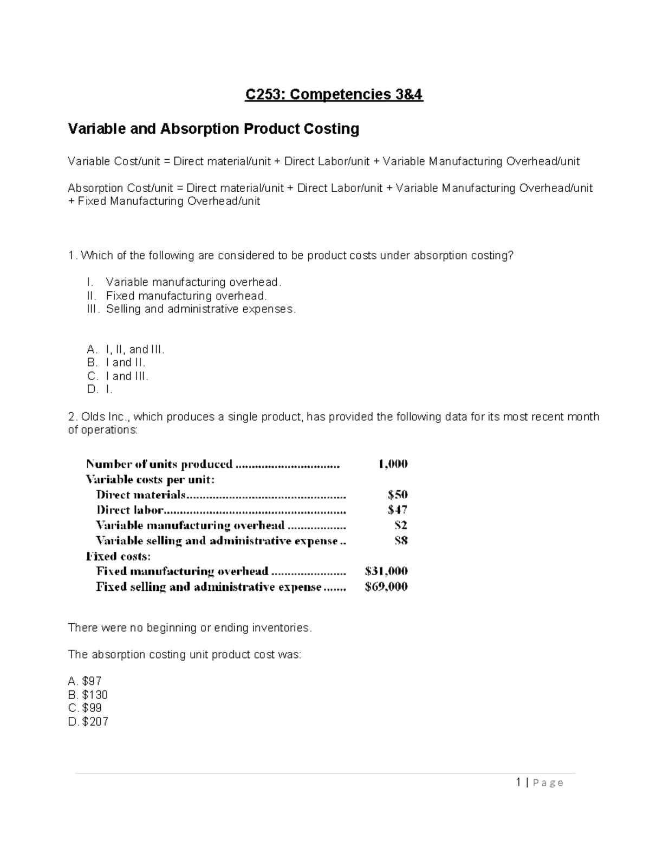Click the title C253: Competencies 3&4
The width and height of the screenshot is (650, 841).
click(x=334, y=95)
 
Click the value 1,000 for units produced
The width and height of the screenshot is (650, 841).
click(x=393, y=464)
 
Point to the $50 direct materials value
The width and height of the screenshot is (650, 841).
click(x=398, y=494)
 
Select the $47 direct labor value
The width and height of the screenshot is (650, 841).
click(x=398, y=510)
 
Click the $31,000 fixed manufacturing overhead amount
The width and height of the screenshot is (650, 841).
click(x=386, y=571)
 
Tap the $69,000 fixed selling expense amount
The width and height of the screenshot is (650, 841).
click(x=386, y=587)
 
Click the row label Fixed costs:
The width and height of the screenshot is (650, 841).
click(x=118, y=556)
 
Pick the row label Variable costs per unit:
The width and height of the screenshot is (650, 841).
click(x=150, y=479)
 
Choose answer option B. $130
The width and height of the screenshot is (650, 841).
click(x=88, y=695)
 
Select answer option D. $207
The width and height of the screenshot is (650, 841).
click(x=88, y=722)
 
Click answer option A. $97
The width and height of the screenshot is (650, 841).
click(x=85, y=681)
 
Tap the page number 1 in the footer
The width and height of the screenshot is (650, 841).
click(x=519, y=782)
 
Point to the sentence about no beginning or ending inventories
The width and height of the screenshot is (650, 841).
click(x=190, y=628)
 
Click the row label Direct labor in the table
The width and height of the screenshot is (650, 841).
click(x=130, y=510)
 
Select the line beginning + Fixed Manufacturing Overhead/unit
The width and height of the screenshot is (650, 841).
click(x=164, y=201)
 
